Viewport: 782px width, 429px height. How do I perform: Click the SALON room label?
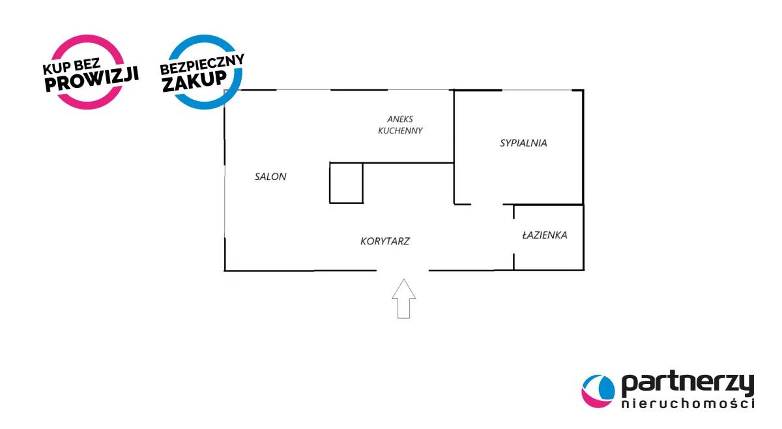pos(270,177)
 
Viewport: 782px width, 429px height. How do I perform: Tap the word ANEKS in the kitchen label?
pos(400,119)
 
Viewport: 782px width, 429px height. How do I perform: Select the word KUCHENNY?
pos(400,130)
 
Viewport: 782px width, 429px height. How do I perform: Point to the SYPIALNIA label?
pos(523,143)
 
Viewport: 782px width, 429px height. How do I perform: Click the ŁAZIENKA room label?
pos(544,235)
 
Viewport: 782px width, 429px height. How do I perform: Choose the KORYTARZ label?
pos(385,241)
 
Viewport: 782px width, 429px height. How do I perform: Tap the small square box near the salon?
pos(345,183)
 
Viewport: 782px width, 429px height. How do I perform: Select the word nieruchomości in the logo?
pos(687,404)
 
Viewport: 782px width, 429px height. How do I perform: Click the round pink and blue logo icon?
pos(598,391)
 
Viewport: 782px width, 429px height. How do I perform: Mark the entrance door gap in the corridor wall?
pos(403,270)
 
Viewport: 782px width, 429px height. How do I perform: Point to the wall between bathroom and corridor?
pos(514,238)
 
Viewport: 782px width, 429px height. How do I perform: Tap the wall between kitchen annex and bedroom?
pos(454,130)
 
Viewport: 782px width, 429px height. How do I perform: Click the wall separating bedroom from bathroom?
pos(547,205)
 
